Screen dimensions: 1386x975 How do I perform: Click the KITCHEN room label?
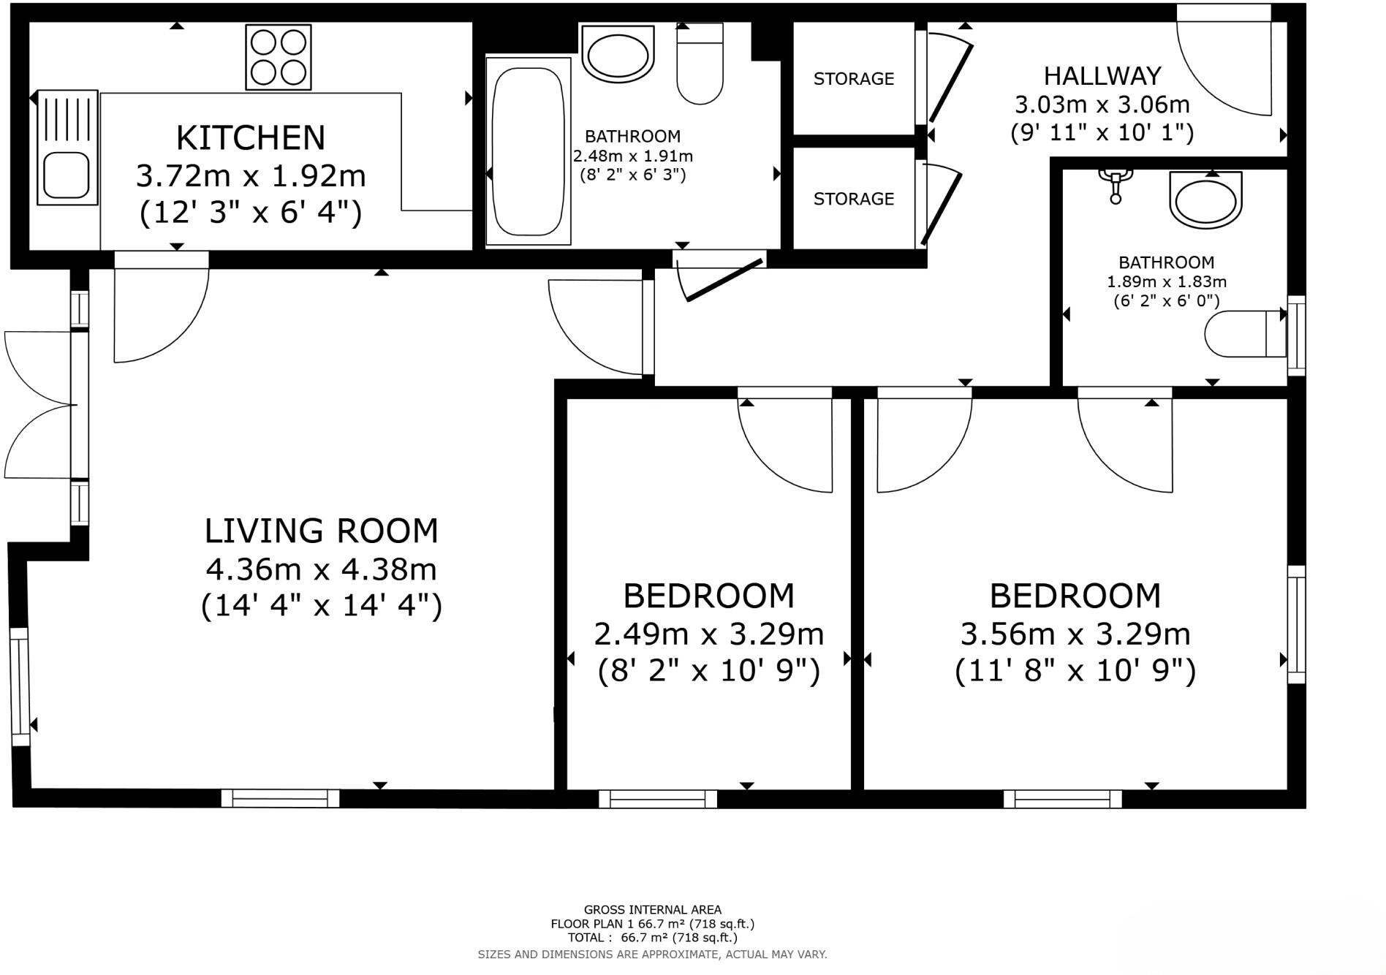coord(251,137)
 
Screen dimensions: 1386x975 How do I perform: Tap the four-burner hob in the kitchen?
coord(279,57)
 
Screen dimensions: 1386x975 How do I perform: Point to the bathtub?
coord(529,151)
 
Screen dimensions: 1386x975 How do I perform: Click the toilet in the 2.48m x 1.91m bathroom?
coord(700,64)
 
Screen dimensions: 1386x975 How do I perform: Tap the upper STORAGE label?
coord(854,78)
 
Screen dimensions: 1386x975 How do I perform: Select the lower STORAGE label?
coord(854,199)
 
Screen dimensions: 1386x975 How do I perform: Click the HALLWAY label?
coord(1102,76)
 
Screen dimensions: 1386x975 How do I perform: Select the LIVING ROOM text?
coord(322,531)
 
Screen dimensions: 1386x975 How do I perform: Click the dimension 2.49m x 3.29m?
coord(709,634)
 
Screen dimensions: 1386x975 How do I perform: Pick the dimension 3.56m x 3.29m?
coord(1075,634)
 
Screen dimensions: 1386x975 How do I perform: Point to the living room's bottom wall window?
coord(281,798)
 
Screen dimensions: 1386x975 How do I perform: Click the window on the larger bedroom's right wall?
coord(1296,624)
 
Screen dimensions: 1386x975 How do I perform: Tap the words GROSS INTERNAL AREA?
coord(653,910)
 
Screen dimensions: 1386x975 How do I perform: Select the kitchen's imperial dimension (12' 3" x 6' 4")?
coord(251,213)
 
